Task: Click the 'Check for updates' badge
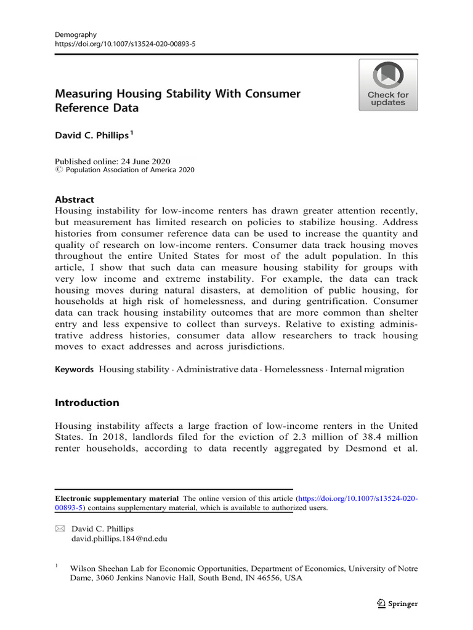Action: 388,85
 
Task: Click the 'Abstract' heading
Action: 75,199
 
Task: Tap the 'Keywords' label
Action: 75,369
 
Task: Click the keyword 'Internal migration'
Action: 367,369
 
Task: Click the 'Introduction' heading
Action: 87,403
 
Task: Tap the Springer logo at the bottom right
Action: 397,604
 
